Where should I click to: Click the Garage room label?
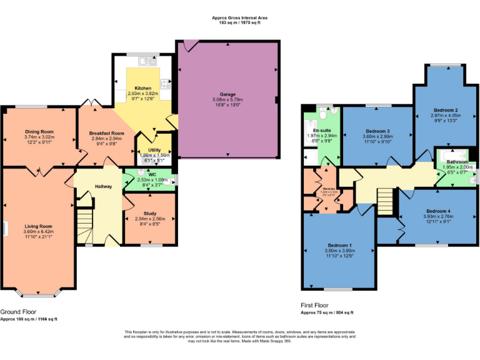tap(227, 94)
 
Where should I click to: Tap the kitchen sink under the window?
tap(147, 61)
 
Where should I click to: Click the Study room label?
tap(149, 213)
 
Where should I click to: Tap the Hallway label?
tap(103, 186)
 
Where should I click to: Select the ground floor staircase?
tap(84, 226)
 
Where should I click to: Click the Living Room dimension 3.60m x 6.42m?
tap(39, 232)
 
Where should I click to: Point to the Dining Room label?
tap(39, 132)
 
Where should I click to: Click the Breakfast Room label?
tap(106, 133)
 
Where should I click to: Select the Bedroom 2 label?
tap(445, 109)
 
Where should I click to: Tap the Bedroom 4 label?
tap(438, 211)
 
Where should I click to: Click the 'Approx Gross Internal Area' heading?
tap(239, 18)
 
